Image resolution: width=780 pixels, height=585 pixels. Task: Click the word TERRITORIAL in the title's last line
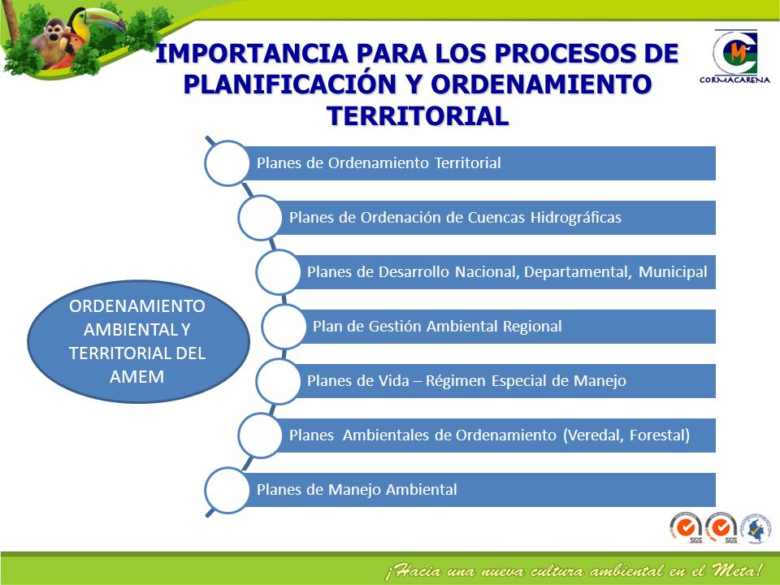pos(418,116)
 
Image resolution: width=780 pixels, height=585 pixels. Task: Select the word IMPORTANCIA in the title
pos(252,54)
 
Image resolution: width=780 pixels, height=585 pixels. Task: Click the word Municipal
pos(673,272)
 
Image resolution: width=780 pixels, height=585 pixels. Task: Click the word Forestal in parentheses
pos(660,435)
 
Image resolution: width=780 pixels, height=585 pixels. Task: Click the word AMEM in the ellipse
pos(136,376)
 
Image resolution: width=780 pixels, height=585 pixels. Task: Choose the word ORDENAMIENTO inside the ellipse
pos(136,306)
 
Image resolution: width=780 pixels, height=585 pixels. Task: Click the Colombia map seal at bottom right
pos(756,528)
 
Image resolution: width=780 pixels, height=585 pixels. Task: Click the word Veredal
pos(595,435)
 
